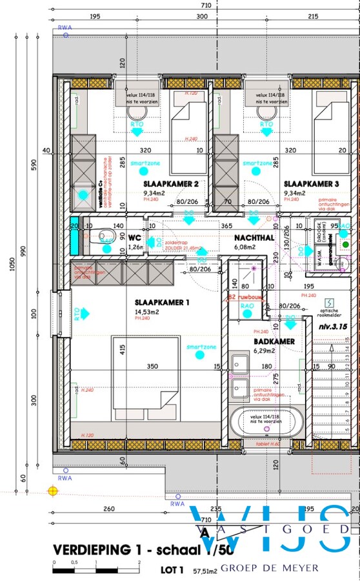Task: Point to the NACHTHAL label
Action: [255, 238]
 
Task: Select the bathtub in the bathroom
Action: [267, 423]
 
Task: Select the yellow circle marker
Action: [53, 491]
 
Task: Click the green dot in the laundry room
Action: [345, 245]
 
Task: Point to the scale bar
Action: [96, 570]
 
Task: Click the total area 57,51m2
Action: [204, 571]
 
